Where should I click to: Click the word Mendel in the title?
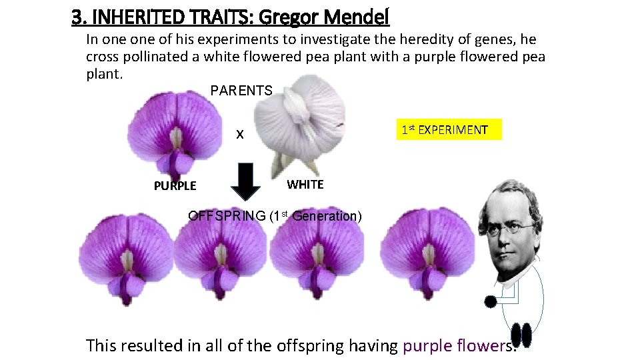click(361, 16)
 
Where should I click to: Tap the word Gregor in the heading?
click(300, 16)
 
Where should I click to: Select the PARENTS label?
click(241, 91)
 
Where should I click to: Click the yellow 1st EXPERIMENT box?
click(444, 130)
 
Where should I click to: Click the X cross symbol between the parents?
click(241, 135)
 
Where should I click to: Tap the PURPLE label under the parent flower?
click(175, 186)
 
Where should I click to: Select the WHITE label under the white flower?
click(305, 185)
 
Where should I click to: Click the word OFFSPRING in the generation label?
click(226, 216)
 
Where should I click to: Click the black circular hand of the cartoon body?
click(491, 302)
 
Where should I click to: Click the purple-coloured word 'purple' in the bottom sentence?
click(426, 345)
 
